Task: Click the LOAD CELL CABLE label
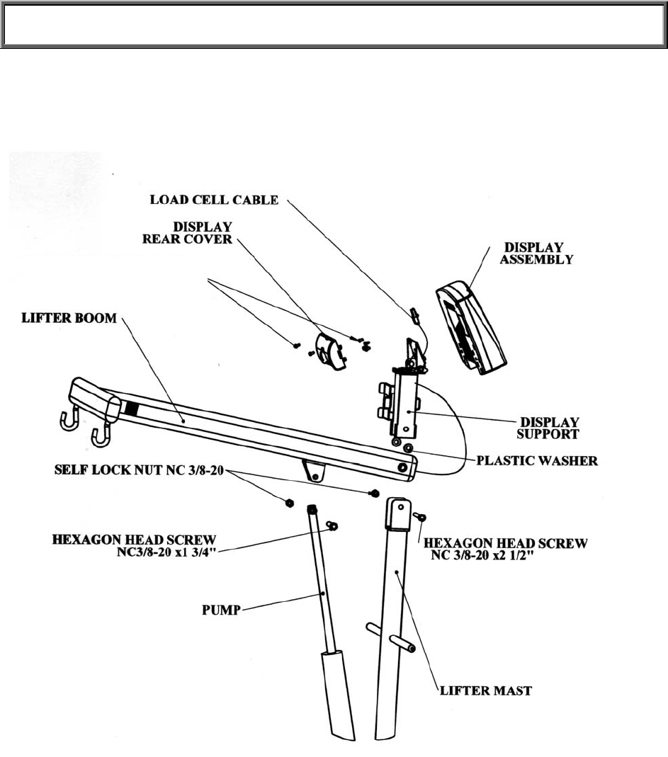214,200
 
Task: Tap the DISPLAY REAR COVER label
187,233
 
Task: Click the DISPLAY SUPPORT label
550,427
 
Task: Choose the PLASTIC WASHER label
537,461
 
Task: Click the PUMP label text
220,609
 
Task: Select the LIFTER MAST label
485,690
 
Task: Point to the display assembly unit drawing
471,326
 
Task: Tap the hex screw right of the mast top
419,518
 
